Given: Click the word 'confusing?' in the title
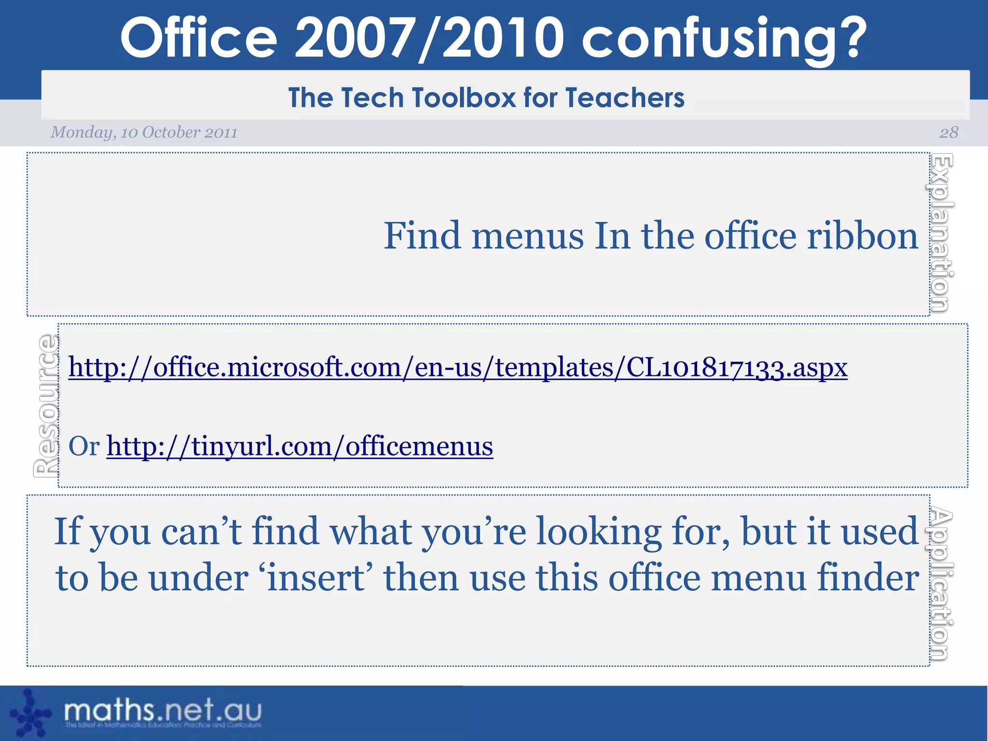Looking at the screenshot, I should pos(724,38).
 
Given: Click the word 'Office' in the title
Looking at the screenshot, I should pos(199,38).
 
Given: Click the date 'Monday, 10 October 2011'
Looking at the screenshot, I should pos(144,132).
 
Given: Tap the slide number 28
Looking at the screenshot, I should pos(948,132).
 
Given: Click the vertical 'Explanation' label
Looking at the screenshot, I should pos(941,233).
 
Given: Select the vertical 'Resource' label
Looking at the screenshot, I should pos(46,406).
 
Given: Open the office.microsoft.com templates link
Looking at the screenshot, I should pos(457,368).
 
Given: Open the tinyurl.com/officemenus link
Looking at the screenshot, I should pos(300,446).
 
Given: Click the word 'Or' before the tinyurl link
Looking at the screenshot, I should pos(84,446).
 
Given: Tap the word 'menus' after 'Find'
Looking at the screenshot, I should pos(527,236).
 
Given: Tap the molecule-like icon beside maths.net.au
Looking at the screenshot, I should pos(30,714).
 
